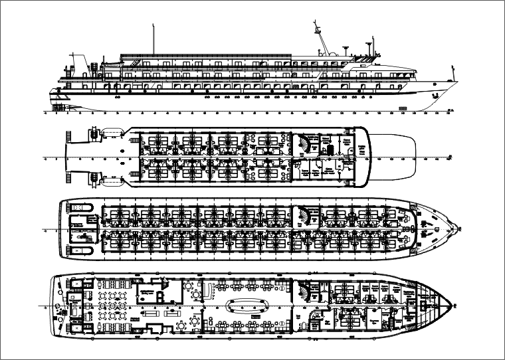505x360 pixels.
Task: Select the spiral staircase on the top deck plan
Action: pos(305,141)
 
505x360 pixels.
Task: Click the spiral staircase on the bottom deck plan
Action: pos(306,288)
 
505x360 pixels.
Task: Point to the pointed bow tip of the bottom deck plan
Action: pos(452,306)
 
